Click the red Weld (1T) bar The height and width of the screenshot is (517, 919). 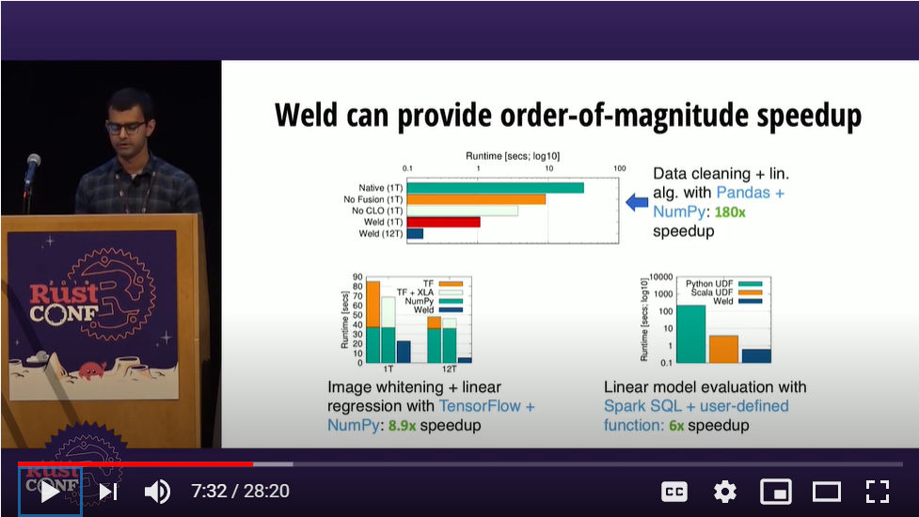(x=443, y=222)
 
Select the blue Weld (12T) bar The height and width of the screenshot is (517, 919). (x=415, y=234)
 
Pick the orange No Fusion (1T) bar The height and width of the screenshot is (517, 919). (x=476, y=199)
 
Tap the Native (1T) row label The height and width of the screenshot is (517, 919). (x=381, y=188)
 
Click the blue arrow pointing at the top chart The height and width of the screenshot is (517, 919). (x=637, y=203)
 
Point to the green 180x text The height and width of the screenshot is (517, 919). (x=730, y=211)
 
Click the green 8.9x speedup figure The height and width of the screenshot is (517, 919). (x=402, y=425)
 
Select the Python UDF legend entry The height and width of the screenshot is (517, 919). (x=724, y=284)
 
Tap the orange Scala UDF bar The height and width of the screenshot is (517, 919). (x=724, y=349)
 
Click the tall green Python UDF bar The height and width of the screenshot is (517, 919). (x=691, y=334)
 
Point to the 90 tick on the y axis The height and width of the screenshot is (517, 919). (x=357, y=277)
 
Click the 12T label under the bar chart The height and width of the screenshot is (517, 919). (x=449, y=368)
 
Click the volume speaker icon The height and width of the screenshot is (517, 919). (x=157, y=492)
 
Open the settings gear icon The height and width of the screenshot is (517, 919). (x=725, y=492)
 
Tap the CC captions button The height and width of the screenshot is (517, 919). (x=674, y=492)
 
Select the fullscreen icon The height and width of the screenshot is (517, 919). (x=878, y=492)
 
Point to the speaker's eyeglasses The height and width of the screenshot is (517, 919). (x=125, y=127)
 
